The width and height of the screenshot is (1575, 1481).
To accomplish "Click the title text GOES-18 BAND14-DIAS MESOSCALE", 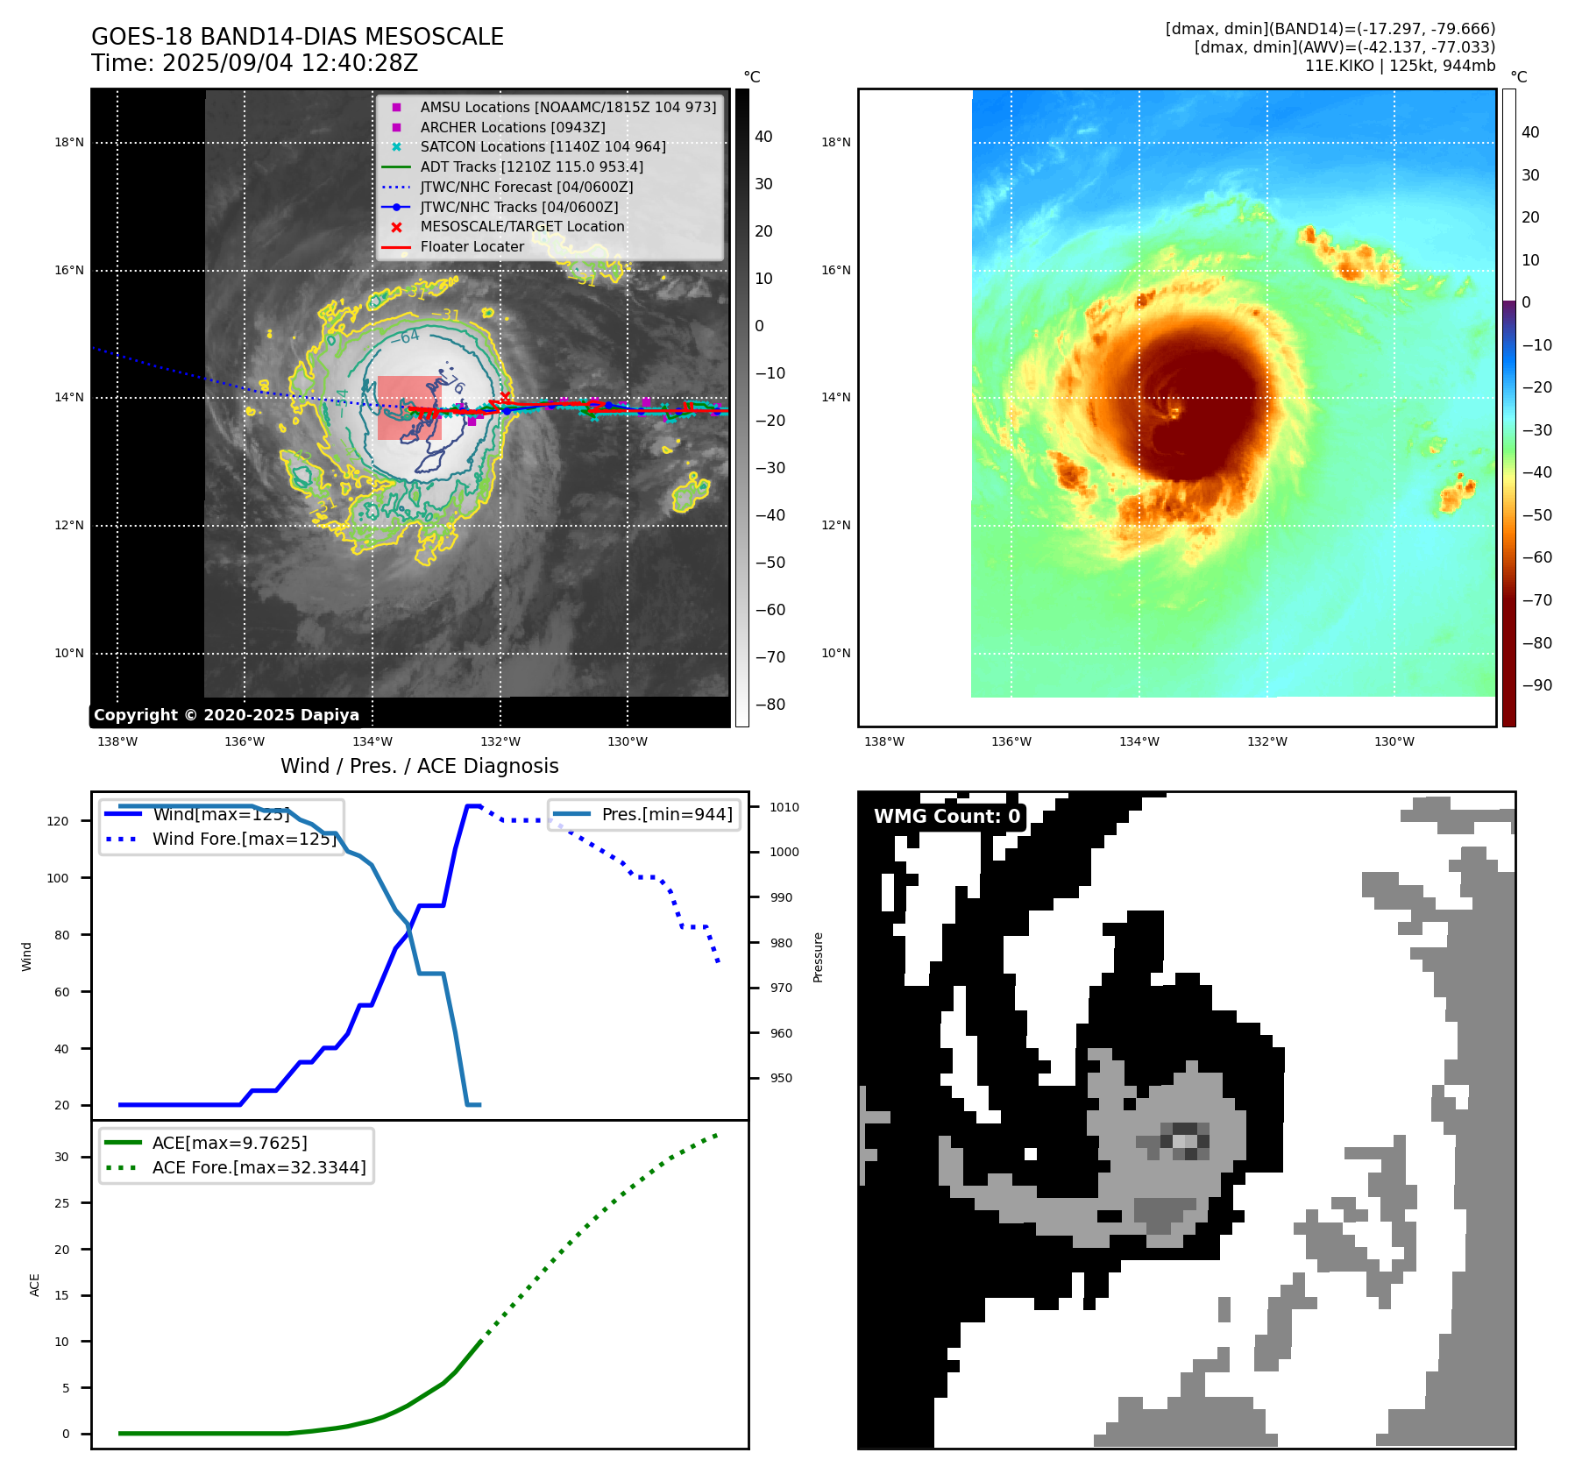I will click(297, 37).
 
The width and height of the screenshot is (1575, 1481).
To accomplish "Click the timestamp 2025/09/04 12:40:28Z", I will click(289, 63).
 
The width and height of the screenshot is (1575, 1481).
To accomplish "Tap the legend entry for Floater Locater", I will click(472, 246).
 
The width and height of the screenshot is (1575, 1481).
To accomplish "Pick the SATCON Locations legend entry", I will click(543, 146).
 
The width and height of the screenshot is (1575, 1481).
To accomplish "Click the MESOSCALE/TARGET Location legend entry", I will click(522, 226).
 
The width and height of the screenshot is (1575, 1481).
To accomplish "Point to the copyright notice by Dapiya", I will click(226, 714).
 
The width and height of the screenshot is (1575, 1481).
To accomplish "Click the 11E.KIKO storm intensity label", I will click(1400, 66).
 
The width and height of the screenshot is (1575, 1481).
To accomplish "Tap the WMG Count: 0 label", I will click(947, 816).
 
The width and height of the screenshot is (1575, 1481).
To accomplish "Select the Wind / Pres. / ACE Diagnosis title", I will click(419, 766).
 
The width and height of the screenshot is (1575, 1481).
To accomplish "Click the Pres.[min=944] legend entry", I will click(666, 814).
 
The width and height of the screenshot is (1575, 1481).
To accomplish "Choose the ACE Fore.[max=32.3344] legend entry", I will click(259, 1167).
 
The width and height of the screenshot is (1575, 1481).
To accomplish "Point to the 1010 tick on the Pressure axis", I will click(784, 807).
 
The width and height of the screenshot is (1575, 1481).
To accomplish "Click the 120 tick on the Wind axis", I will click(58, 821).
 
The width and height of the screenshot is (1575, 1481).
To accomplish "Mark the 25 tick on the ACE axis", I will click(61, 1203).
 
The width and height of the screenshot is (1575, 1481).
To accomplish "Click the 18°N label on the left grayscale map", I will click(69, 142).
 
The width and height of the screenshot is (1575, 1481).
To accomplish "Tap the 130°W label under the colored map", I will click(1394, 741).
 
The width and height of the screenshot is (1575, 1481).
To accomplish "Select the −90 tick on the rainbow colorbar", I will click(1536, 685).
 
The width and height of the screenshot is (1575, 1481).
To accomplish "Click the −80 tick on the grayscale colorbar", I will click(770, 705).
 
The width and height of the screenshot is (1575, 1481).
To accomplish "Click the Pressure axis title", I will click(819, 957).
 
